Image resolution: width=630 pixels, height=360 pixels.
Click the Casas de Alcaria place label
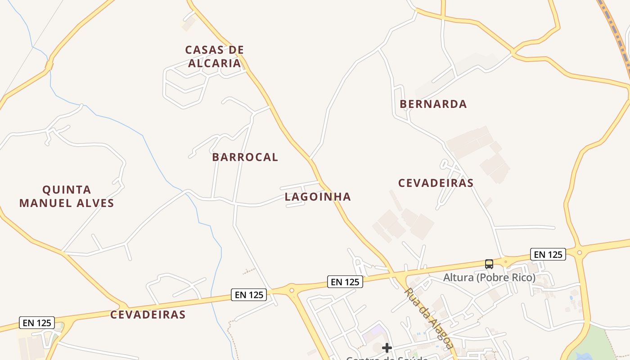[214, 56]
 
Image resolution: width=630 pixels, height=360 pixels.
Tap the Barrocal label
[245, 157]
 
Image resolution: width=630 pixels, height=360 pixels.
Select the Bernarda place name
[433, 104]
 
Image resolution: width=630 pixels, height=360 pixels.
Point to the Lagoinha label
[318, 197]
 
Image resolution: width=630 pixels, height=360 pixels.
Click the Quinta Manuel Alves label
[67, 196]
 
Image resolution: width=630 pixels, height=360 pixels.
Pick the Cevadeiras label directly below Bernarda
[436, 183]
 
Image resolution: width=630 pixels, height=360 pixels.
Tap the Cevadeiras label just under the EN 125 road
[148, 315]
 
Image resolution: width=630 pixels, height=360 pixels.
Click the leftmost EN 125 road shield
[37, 323]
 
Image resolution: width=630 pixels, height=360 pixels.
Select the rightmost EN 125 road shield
[548, 254]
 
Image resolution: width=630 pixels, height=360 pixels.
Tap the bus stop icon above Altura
[489, 264]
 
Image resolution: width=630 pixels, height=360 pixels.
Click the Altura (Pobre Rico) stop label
[489, 277]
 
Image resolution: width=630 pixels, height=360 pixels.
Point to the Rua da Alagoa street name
[428, 318]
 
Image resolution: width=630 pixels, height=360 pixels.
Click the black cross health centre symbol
[387, 347]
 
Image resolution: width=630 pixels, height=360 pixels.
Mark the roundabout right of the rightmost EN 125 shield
[579, 252]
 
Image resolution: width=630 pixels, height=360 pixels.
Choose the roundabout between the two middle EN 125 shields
[292, 290]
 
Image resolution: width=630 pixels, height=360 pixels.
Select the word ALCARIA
[214, 63]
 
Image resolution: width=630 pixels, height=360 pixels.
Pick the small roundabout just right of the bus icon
[506, 261]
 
